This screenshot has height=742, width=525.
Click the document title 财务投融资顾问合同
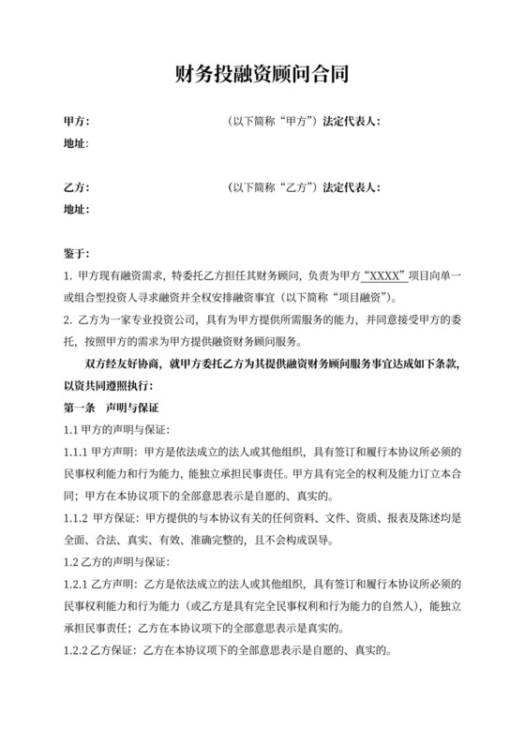262,74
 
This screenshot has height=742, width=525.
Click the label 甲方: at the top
75,122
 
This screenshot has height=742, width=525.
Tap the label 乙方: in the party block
75,187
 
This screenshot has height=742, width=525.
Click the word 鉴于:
75,253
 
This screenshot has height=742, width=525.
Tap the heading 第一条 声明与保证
111,408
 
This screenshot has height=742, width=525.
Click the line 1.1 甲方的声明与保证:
114,430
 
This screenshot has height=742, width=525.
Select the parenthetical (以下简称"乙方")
272,187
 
